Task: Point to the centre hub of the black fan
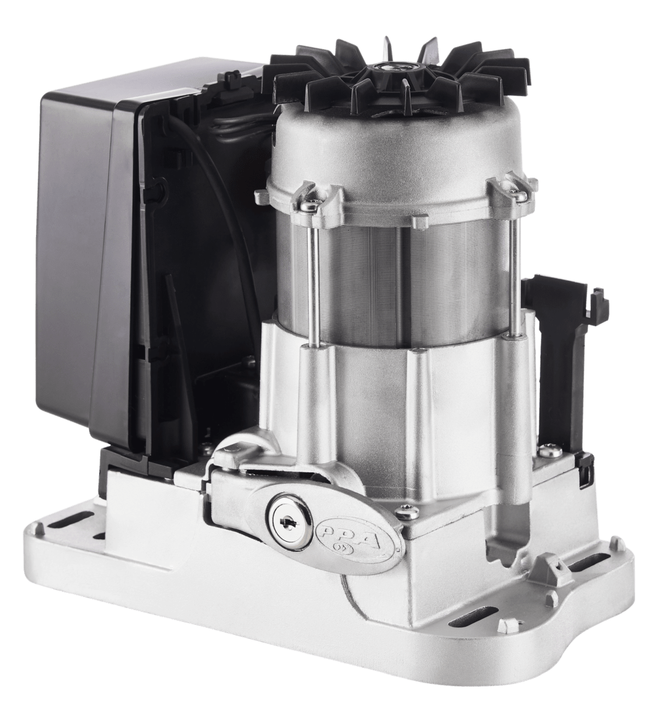396,67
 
